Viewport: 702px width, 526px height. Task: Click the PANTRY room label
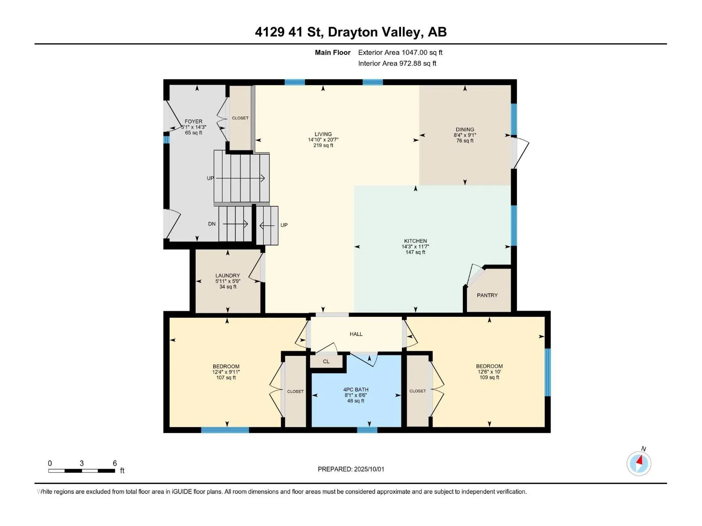(487, 295)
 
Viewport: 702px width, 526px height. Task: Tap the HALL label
(356, 334)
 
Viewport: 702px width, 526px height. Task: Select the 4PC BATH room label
(356, 390)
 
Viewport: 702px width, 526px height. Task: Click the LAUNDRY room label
(227, 276)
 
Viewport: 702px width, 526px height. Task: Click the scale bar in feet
(82, 470)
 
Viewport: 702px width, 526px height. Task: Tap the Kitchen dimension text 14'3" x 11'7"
(415, 246)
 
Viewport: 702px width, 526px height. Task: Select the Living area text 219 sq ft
(323, 146)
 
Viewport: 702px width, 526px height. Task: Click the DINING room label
(465, 130)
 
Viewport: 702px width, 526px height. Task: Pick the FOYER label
(193, 122)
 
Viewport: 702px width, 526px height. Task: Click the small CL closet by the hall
(326, 362)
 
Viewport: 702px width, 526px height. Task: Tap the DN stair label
(212, 224)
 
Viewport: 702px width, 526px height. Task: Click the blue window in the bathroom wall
(367, 430)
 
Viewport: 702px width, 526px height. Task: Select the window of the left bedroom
(225, 430)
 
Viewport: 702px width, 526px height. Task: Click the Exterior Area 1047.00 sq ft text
(400, 53)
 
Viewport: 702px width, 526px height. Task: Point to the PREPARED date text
(351, 469)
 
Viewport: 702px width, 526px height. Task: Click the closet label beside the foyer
(240, 118)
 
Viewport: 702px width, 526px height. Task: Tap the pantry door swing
(475, 274)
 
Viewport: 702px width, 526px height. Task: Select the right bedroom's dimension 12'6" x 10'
(489, 372)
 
